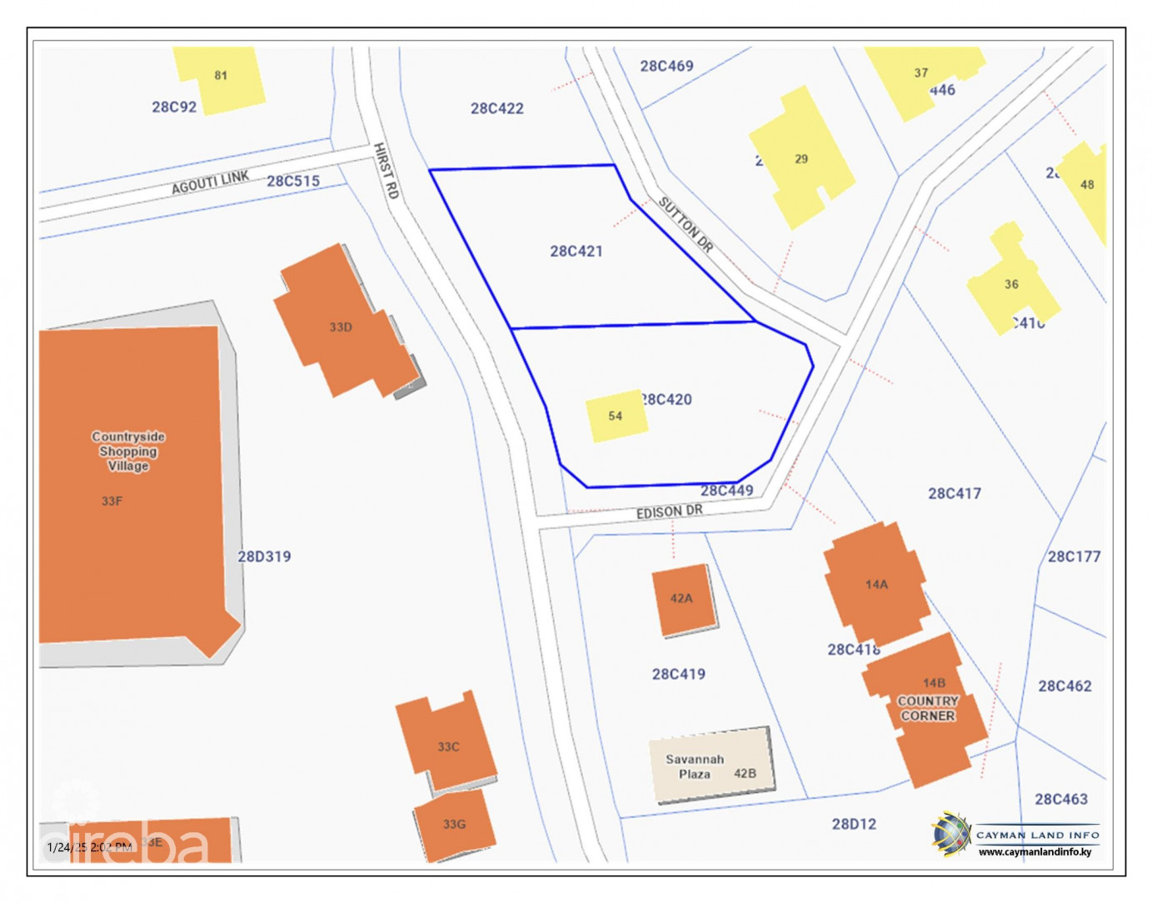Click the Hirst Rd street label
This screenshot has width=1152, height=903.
pyautogui.click(x=386, y=171)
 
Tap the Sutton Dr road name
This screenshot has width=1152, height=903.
pyautogui.click(x=686, y=224)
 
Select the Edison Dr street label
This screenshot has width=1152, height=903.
pyautogui.click(x=669, y=511)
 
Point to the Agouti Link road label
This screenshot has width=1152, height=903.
pyautogui.click(x=210, y=182)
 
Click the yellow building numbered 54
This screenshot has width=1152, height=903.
pyautogui.click(x=616, y=415)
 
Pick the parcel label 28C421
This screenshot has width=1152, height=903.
pyautogui.click(x=576, y=251)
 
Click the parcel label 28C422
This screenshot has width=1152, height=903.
pyautogui.click(x=496, y=108)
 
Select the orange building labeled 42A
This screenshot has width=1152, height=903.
pyautogui.click(x=683, y=599)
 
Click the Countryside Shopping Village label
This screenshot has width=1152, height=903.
pyautogui.click(x=128, y=451)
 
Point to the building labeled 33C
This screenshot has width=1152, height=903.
pyautogui.click(x=447, y=743)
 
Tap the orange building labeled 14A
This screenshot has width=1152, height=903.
pyautogui.click(x=875, y=583)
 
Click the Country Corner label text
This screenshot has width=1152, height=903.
pyautogui.click(x=928, y=708)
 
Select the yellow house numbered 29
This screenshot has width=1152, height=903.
pyautogui.click(x=800, y=159)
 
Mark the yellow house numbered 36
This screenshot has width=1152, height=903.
pyautogui.click(x=1010, y=284)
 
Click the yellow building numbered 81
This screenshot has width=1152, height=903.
pyautogui.click(x=220, y=77)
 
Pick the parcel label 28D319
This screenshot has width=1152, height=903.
pyautogui.click(x=264, y=556)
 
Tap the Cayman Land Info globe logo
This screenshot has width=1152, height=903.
pyautogui.click(x=950, y=834)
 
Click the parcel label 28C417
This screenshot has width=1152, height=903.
pyautogui.click(x=954, y=493)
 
